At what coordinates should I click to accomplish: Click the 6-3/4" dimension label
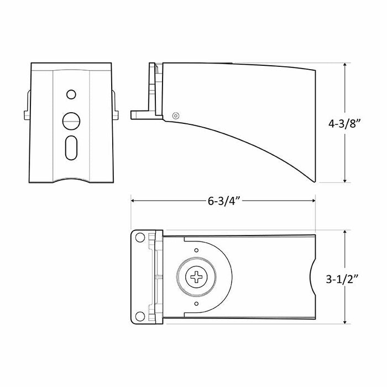point(224,201)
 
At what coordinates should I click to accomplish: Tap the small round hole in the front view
point(71,95)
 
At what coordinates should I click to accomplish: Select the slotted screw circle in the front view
point(71,121)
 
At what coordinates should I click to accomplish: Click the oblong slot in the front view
point(71,148)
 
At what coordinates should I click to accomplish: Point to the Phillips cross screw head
point(196,277)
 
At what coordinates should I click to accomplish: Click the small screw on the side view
point(175,116)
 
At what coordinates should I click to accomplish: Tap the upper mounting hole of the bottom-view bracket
point(140,237)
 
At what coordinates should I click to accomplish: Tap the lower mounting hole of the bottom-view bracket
point(140,316)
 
